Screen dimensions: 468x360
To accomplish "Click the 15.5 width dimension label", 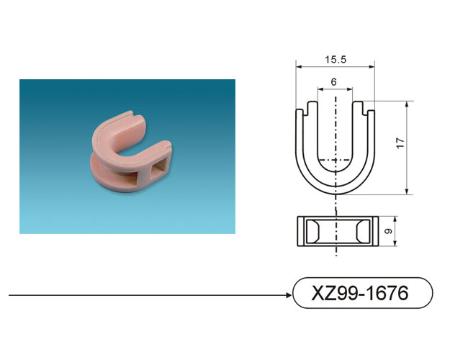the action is tap(336, 60).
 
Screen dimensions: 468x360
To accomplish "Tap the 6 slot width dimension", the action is tap(333, 82).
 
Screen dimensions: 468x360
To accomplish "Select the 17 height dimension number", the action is tap(400, 143).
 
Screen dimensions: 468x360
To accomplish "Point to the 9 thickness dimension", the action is tap(388, 231).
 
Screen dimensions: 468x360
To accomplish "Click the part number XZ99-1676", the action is tap(360, 293).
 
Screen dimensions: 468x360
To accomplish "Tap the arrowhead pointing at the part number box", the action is tap(289, 295).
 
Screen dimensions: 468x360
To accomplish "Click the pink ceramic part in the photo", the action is tap(131, 152).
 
